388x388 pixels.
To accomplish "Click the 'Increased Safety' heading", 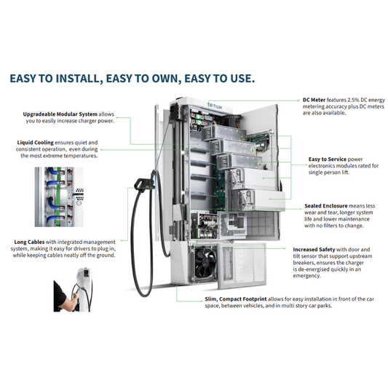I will click(x=316, y=248).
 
